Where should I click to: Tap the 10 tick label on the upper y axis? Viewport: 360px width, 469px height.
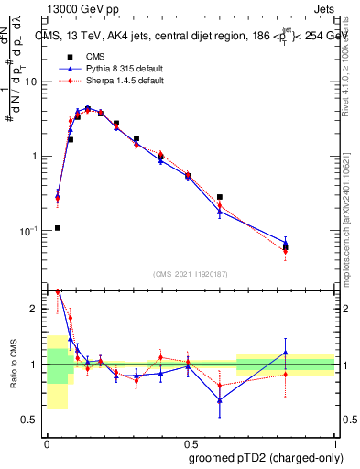click(x=32, y=82)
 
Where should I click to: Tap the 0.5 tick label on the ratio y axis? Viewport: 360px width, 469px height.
click(x=33, y=420)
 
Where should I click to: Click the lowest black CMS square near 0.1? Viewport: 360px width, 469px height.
click(x=58, y=228)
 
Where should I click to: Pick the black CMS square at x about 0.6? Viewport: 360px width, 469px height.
click(x=220, y=197)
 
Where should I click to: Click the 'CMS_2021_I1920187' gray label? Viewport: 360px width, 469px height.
click(x=190, y=274)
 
